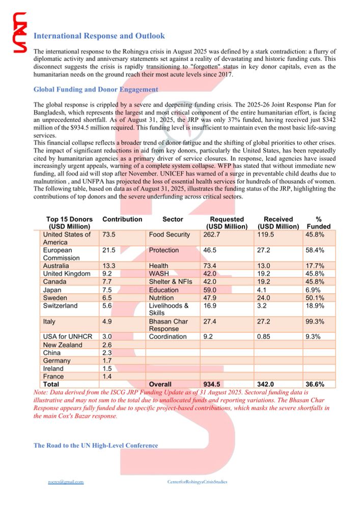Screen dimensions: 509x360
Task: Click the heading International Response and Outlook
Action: click(x=99, y=36)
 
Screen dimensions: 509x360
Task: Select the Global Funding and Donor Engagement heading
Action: click(x=96, y=89)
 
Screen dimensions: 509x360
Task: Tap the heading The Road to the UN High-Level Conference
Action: click(x=96, y=445)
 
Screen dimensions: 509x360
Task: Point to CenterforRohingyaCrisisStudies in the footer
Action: click(x=197, y=482)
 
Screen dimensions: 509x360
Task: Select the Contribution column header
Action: click(x=122, y=219)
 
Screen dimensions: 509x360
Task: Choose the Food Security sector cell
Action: click(x=169, y=235)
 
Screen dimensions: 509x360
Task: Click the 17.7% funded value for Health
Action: click(x=315, y=266)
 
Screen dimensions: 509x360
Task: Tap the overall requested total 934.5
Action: click(x=215, y=384)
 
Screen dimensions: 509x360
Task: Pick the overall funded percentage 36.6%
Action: click(x=315, y=384)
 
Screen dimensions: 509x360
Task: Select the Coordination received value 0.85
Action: click(x=267, y=336)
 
